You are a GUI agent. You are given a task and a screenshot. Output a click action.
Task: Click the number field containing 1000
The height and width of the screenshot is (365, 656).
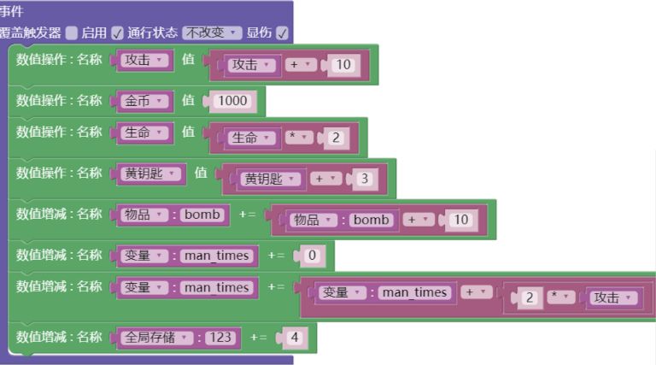point(232,101)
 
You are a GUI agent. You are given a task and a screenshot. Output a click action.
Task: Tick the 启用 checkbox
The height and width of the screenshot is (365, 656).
point(72,32)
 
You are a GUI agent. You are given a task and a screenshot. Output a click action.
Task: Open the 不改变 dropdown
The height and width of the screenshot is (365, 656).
point(212,32)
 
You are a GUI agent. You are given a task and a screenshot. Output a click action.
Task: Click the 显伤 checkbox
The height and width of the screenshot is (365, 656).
point(282,32)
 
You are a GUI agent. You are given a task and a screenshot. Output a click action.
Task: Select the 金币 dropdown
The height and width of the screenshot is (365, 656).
point(144,101)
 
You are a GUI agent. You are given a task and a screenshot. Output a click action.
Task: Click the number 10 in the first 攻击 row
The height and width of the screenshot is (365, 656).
point(343,65)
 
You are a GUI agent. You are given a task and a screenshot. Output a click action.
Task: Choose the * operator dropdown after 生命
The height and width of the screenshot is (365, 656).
point(300,138)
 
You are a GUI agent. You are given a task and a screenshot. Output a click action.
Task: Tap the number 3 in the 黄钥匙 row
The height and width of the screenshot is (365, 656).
point(364,179)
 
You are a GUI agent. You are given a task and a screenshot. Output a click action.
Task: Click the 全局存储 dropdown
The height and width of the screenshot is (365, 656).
point(157,338)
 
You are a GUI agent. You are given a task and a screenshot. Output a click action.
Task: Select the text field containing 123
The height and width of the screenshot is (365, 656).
point(220,338)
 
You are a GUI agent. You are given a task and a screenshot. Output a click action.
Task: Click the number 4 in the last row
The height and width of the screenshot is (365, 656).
point(294,338)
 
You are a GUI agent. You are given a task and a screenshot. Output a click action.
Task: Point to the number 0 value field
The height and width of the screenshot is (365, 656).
point(312,256)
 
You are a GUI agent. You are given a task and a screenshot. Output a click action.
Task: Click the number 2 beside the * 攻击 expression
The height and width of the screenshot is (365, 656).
point(530,297)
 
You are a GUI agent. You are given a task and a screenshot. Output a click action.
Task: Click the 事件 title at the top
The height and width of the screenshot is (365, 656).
point(12,12)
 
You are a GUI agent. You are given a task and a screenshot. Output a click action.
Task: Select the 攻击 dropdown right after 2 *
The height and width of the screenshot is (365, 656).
point(612,297)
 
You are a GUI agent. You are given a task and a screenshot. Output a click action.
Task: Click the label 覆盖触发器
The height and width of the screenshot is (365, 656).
point(31,32)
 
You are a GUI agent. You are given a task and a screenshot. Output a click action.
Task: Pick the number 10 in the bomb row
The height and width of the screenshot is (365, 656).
point(460,220)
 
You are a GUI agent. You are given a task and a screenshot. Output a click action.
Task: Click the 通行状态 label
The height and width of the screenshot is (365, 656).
point(153,32)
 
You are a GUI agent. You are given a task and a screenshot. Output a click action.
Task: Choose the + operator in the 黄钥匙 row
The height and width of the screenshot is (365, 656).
point(325,179)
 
